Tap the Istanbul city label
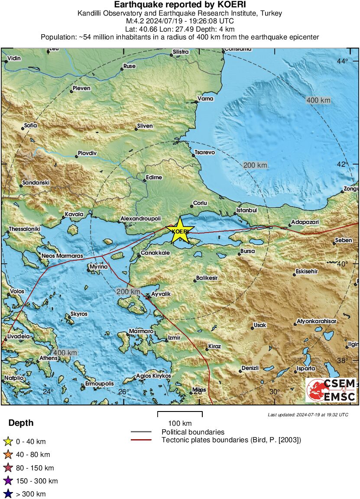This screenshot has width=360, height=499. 246,211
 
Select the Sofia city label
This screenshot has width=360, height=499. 30,126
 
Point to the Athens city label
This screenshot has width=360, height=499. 48,358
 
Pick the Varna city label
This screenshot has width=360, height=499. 205,99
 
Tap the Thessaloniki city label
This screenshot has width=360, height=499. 24,229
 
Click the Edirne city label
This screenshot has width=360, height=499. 154,178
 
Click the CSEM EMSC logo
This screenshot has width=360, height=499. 331,390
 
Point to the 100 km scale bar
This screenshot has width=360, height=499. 180,414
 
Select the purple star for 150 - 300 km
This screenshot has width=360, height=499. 7,481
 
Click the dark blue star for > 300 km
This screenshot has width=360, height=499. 7,494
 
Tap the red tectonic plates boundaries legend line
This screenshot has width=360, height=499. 141,440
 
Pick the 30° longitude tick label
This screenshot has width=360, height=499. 274,392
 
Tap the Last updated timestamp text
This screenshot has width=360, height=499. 308,415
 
